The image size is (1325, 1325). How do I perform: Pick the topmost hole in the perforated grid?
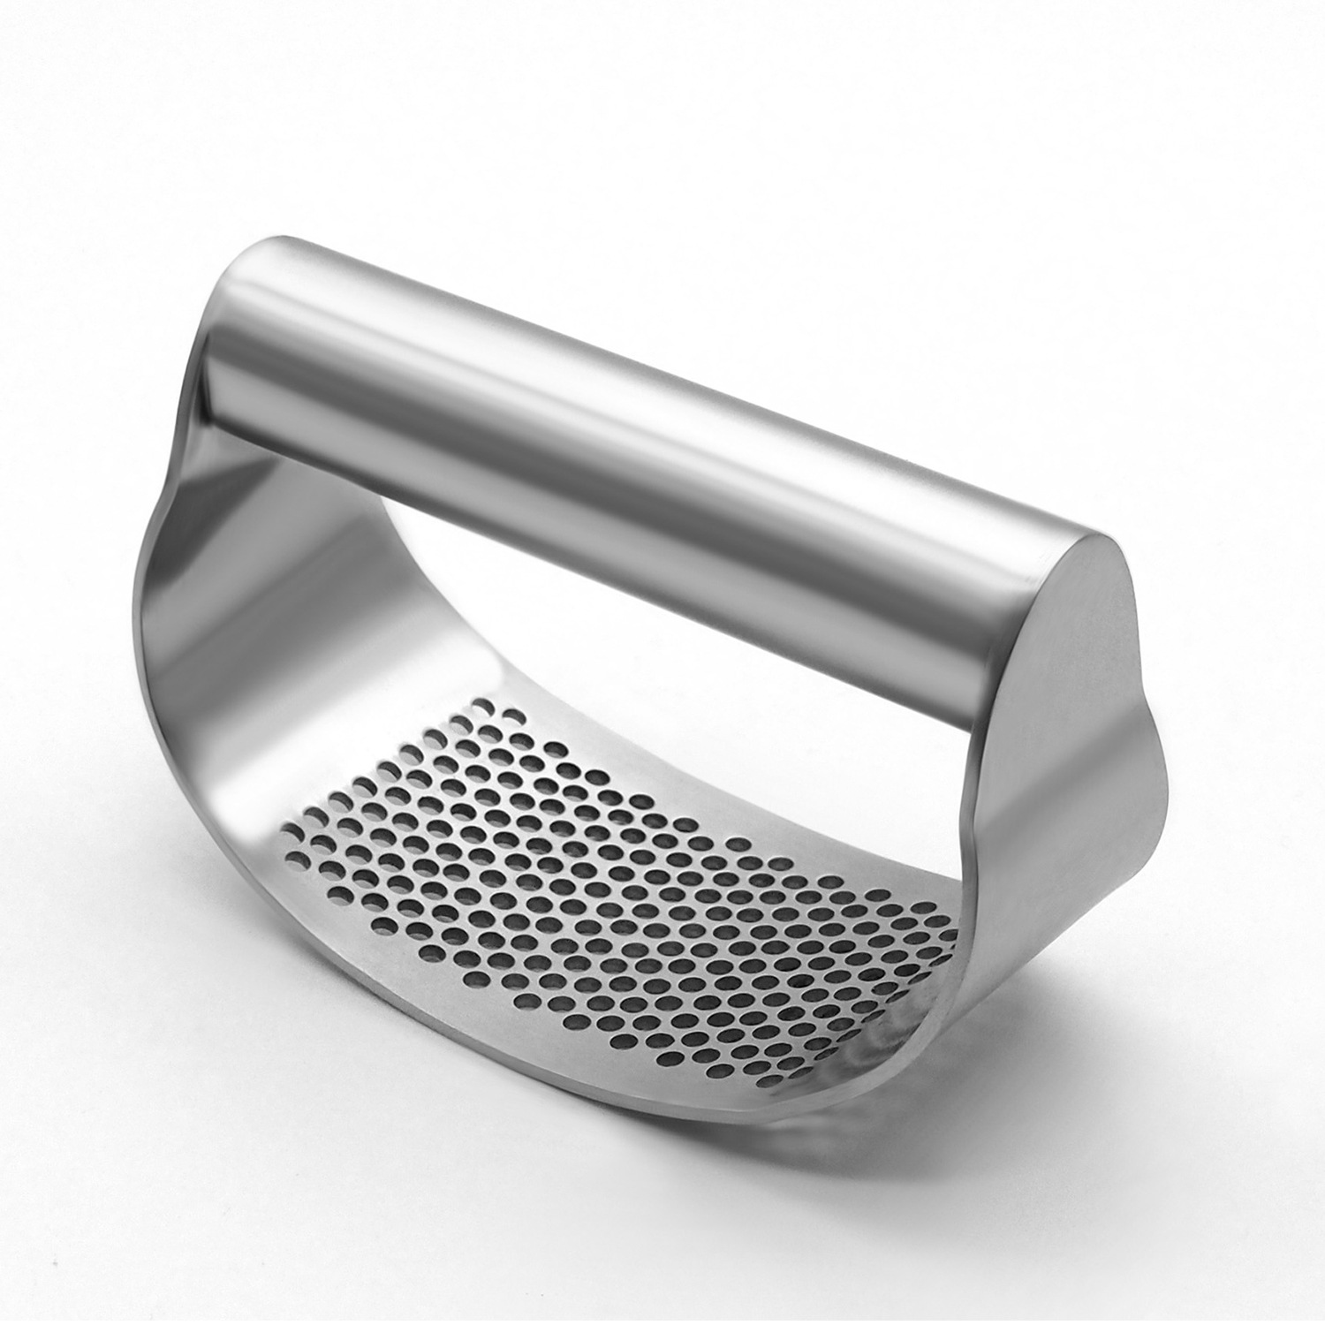point(484,706)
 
